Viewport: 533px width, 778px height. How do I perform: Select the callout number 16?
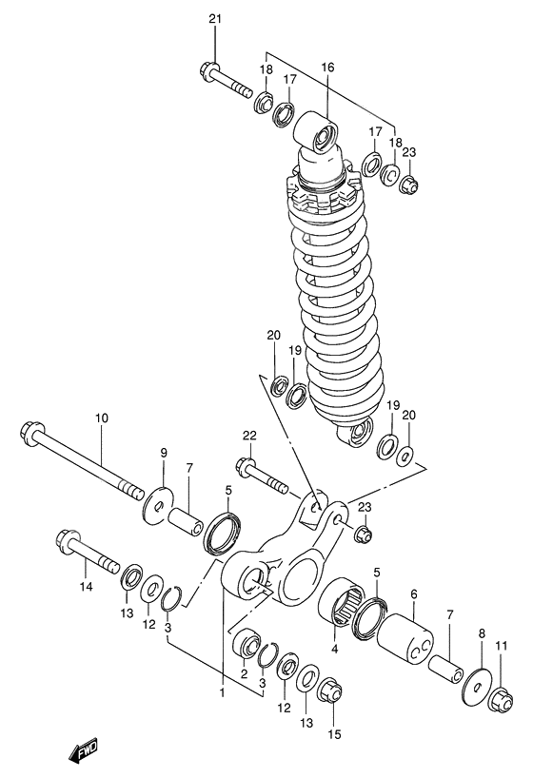tap(327, 68)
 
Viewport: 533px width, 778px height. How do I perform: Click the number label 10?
tap(101, 418)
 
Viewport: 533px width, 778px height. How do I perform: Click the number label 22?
tap(249, 436)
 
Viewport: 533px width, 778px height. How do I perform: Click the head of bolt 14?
tap(69, 544)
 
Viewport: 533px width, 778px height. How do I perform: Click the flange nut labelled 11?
tap(501, 703)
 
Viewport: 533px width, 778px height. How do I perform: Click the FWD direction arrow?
tap(83, 752)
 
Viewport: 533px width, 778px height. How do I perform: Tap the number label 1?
tap(222, 691)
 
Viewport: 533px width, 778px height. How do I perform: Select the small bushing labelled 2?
tap(248, 644)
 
